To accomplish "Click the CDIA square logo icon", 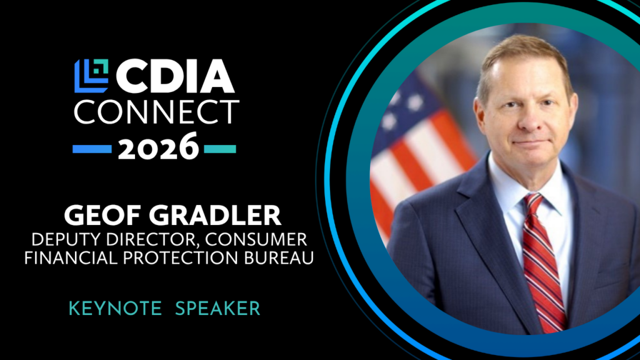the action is (x=91, y=76).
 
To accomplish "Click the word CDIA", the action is (x=176, y=76).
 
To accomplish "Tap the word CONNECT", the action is (x=156, y=112).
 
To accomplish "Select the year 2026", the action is (x=158, y=146).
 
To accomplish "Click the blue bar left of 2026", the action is (x=92, y=149).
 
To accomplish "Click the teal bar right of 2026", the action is (x=220, y=149).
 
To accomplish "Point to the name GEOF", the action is (x=103, y=216).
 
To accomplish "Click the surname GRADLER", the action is (x=215, y=216).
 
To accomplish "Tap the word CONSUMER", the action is (x=256, y=239).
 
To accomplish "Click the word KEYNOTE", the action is (x=116, y=309).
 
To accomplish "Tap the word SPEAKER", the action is (x=217, y=309).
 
